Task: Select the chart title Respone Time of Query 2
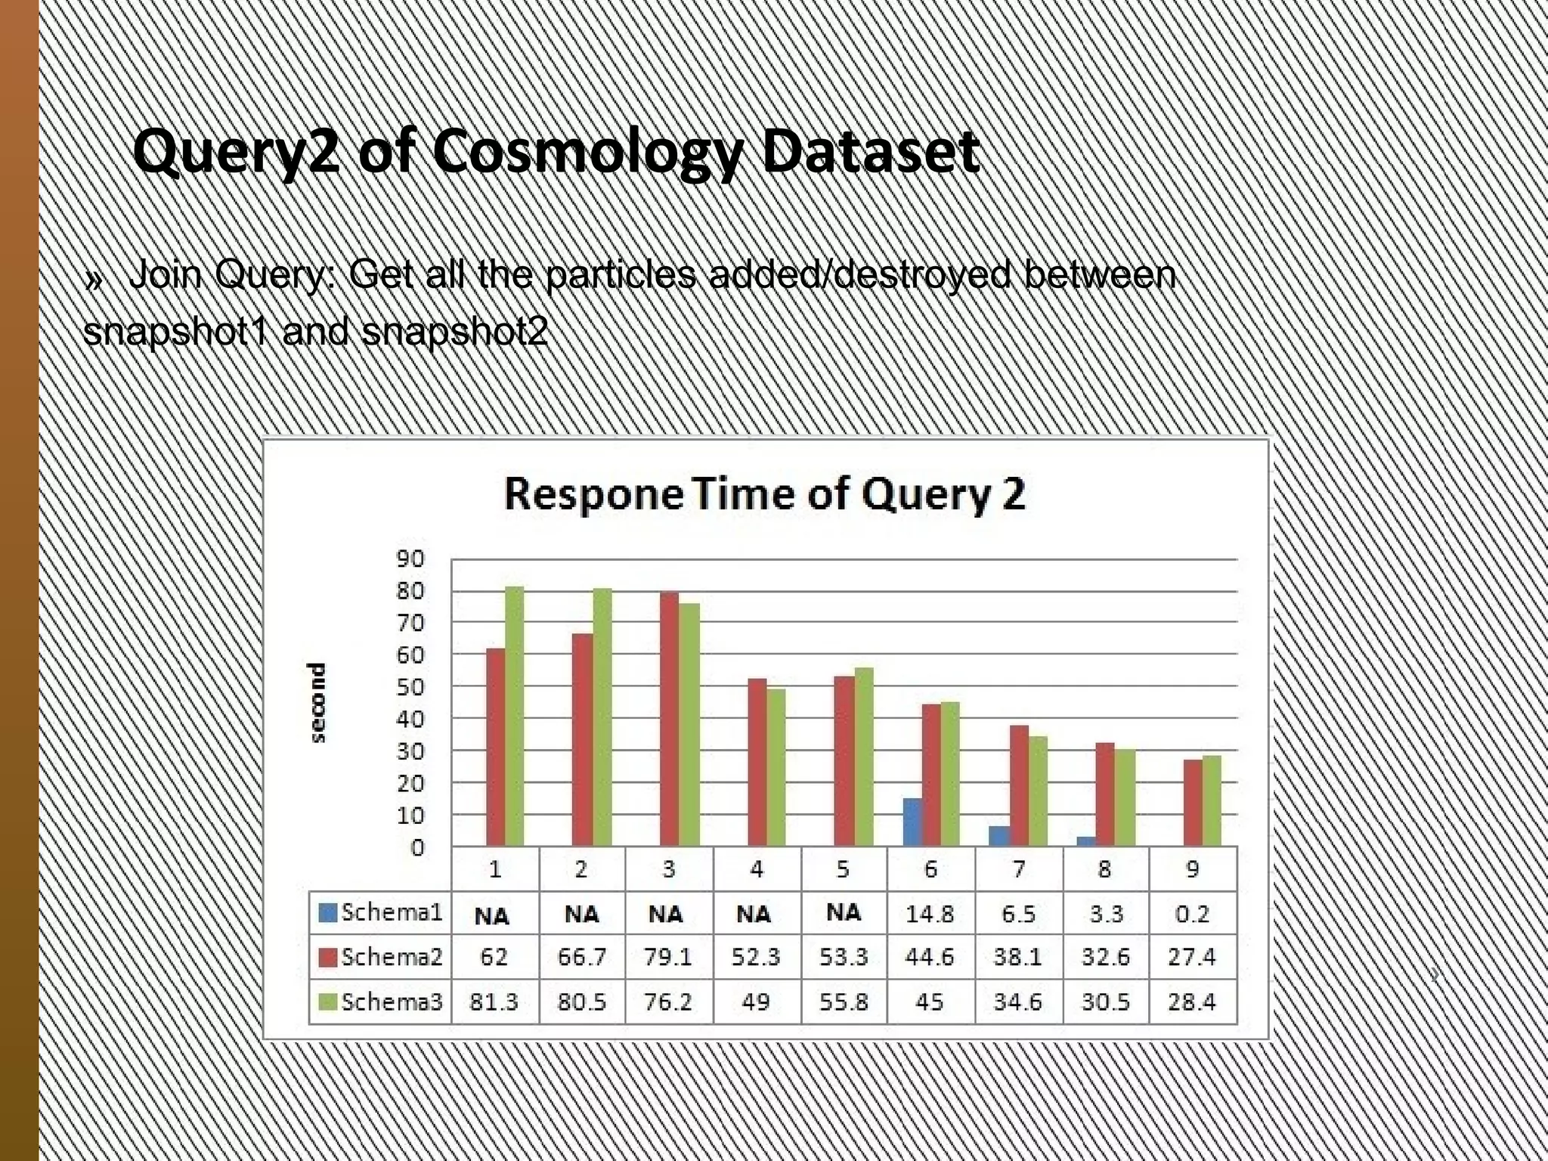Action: click(x=764, y=494)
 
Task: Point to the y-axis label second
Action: click(x=318, y=702)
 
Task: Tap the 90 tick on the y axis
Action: click(x=411, y=559)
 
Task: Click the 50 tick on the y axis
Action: click(x=411, y=686)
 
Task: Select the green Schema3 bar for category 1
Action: click(x=515, y=716)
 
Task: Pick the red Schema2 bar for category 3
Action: click(x=669, y=719)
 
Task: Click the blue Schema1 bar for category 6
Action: click(x=912, y=822)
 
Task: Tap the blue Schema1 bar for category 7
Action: click(x=1000, y=836)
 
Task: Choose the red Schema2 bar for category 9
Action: click(x=1194, y=803)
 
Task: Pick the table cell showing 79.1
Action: click(x=668, y=957)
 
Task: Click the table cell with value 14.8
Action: click(x=930, y=914)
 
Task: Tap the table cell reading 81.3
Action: click(x=494, y=1002)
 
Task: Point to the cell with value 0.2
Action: click(x=1192, y=914)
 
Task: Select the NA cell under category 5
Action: click(x=843, y=912)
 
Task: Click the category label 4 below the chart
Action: click(x=757, y=869)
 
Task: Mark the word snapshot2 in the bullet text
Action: click(x=454, y=332)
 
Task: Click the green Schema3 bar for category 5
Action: click(x=863, y=757)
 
